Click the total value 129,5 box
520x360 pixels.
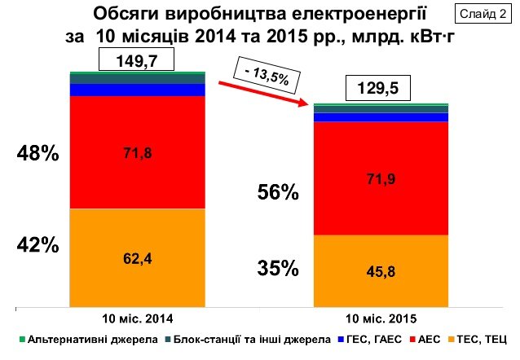pos(381,89)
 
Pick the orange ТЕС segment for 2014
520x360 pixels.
pos(138,257)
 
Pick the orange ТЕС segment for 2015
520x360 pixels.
pos(381,270)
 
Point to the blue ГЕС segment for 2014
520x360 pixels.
pos(138,90)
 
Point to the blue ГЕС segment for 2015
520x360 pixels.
pos(381,117)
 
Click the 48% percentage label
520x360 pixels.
pos(38,154)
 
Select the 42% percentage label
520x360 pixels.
pos(38,244)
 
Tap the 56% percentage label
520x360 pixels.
pos(278,192)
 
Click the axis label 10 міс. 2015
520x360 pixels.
pos(381,316)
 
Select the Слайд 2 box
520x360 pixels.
pos(486,13)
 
